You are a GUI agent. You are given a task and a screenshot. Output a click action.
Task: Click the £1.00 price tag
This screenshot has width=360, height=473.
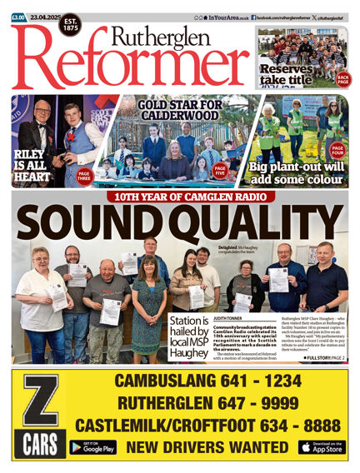point(18,16)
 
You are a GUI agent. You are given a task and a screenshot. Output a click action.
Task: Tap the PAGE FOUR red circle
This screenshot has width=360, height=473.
point(337,150)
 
